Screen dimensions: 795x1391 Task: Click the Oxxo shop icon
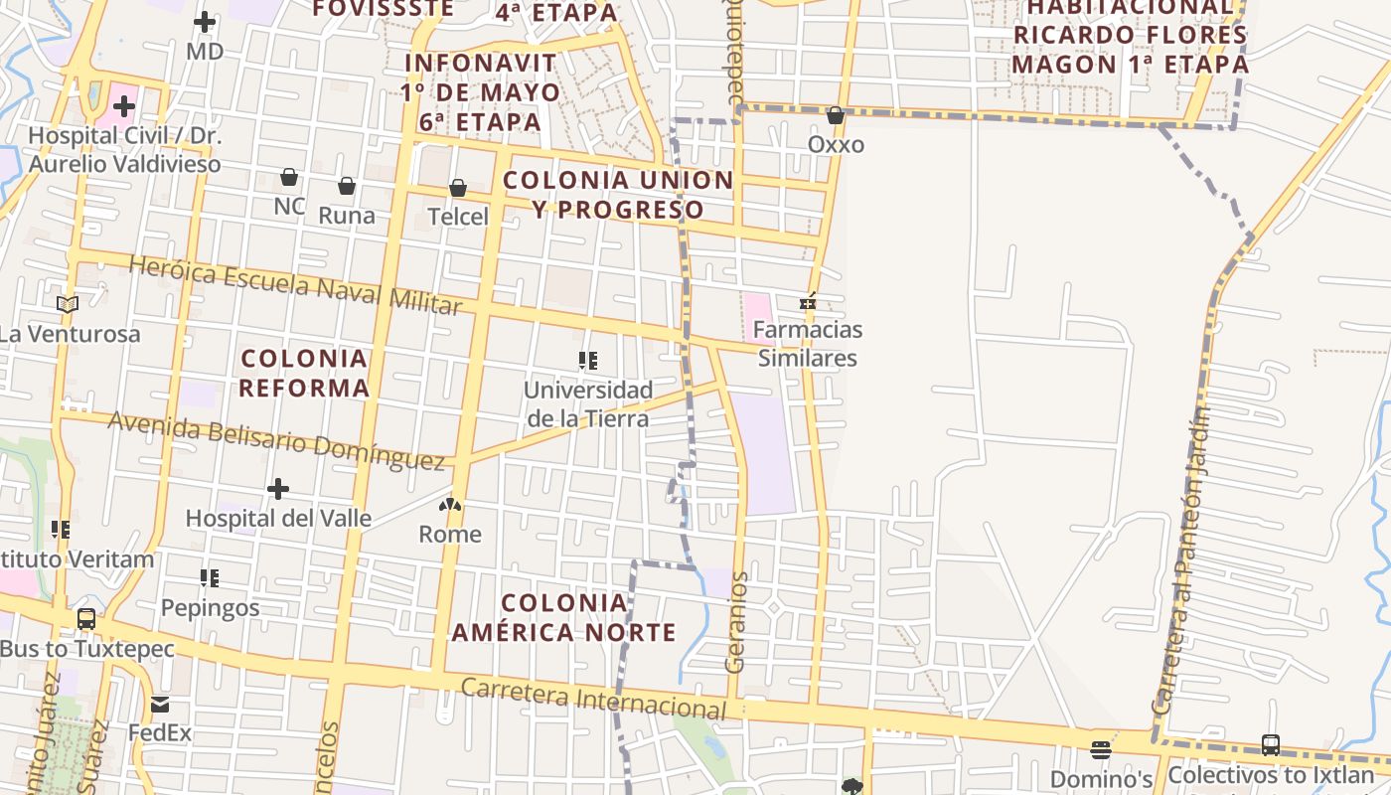tap(836, 115)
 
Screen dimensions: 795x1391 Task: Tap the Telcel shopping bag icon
tap(458, 187)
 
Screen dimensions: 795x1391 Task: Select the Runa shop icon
tap(347, 186)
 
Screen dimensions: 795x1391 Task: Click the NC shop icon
tap(289, 177)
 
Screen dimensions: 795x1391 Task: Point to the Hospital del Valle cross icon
tap(278, 488)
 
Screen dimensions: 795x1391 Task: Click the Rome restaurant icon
tap(450, 505)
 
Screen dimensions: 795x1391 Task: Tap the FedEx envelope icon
tap(160, 705)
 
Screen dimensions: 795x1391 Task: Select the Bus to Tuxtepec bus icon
tap(86, 619)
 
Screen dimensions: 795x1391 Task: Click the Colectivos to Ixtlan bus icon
tap(1270, 744)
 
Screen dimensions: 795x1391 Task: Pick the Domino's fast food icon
tap(1101, 749)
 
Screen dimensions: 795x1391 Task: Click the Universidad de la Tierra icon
tap(588, 361)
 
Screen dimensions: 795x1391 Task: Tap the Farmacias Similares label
tap(808, 343)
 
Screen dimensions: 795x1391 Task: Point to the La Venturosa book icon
tap(68, 304)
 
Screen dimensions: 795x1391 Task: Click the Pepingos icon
tap(210, 577)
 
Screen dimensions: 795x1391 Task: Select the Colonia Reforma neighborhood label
tap(304, 373)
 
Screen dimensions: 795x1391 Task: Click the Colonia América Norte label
tap(563, 617)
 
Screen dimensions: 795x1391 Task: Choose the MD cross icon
tap(205, 22)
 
